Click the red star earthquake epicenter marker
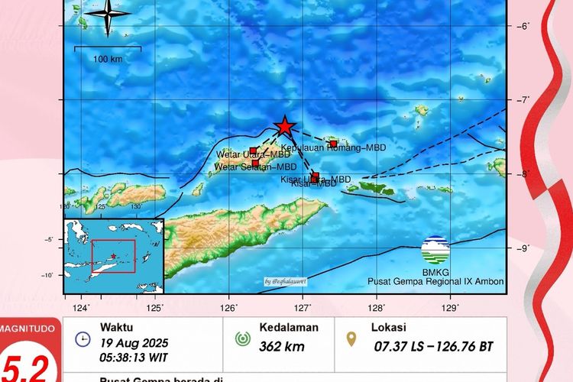[285, 126]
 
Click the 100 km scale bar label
[107, 59]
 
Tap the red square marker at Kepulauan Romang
[333, 144]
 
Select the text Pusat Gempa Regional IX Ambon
[435, 282]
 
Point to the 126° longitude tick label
[229, 307]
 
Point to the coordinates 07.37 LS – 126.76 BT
[433, 347]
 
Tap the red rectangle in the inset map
[113, 256]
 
